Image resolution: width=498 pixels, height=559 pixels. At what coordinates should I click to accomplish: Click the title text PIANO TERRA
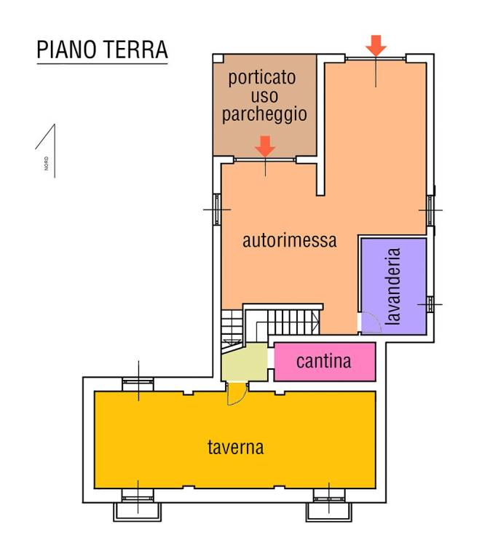click(x=102, y=49)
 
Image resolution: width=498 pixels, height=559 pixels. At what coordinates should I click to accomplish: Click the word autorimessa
click(x=289, y=240)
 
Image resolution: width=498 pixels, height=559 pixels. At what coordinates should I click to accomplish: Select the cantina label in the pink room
click(x=323, y=360)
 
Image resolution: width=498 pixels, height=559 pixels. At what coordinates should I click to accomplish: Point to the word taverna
click(x=234, y=447)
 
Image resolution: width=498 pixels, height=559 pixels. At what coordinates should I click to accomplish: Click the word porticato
click(x=262, y=78)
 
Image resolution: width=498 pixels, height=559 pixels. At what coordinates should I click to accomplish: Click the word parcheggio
click(x=264, y=114)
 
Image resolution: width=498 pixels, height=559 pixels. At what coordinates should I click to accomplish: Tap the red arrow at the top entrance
click(x=376, y=45)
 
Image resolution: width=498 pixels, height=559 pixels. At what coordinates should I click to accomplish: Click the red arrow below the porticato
click(x=265, y=146)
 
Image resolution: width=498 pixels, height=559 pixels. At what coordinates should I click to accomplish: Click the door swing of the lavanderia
click(x=370, y=322)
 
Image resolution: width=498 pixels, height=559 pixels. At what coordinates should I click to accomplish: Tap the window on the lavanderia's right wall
click(x=430, y=304)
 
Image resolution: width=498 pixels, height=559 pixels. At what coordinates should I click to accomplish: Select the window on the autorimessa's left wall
click(x=216, y=209)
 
